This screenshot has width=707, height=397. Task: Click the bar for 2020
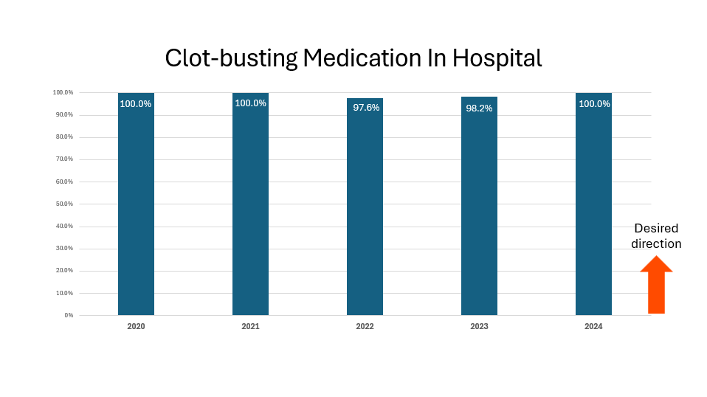[136, 207]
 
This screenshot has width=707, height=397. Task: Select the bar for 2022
[365, 210]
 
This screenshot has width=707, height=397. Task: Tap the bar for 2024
[593, 207]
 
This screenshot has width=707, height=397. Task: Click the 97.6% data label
[366, 108]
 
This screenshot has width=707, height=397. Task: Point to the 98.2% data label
[479, 108]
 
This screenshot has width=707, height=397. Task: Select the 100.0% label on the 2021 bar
[250, 103]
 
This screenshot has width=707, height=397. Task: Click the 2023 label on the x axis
[479, 326]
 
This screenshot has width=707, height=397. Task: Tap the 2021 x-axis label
[250, 326]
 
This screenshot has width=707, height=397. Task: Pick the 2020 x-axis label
[136, 326]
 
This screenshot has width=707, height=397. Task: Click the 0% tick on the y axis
[69, 315]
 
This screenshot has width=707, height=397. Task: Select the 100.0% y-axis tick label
[63, 92]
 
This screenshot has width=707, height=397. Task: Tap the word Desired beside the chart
[656, 229]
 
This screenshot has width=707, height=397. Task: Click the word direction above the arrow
[656, 244]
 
